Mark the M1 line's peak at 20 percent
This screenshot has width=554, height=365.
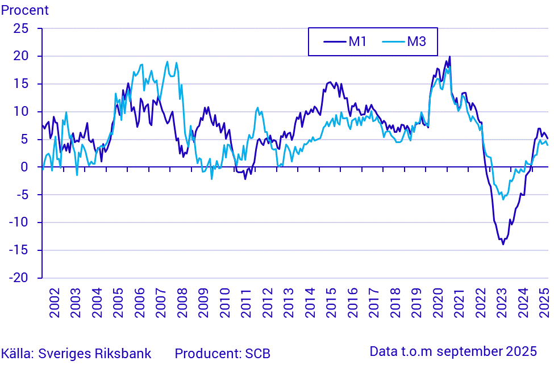point(449,57)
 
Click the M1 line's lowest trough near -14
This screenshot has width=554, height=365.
point(503,244)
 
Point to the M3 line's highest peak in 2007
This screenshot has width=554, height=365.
point(167,62)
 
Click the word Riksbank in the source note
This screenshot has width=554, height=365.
point(126,353)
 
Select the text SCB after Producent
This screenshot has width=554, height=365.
point(257,353)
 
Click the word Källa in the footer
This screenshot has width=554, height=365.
point(16,353)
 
